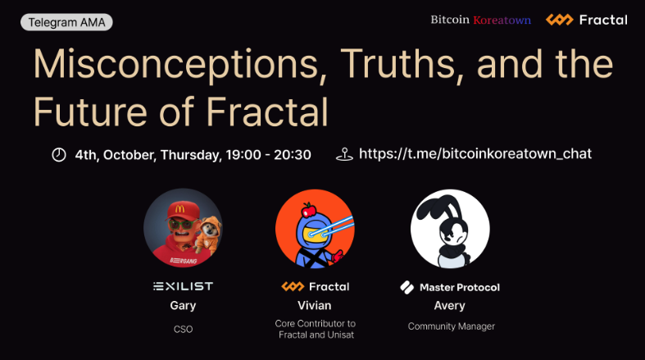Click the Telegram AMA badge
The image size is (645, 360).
(x=66, y=22)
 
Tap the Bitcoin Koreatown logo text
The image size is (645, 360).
(x=480, y=20)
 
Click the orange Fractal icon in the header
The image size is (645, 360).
(x=560, y=20)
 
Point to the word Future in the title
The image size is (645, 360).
(x=90, y=112)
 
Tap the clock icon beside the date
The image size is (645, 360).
(x=59, y=155)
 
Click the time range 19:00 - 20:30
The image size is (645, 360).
(x=268, y=155)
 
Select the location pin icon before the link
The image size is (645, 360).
(x=344, y=155)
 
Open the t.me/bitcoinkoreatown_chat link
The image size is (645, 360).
(x=475, y=154)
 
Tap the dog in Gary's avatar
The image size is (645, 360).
(x=209, y=234)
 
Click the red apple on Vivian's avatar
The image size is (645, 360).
(x=308, y=210)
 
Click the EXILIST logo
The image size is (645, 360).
(x=183, y=286)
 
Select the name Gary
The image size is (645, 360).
(x=183, y=306)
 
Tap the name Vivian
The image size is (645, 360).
(x=315, y=306)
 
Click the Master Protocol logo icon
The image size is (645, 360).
(x=407, y=288)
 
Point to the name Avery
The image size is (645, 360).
(x=450, y=306)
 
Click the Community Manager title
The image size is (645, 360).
(x=452, y=326)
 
